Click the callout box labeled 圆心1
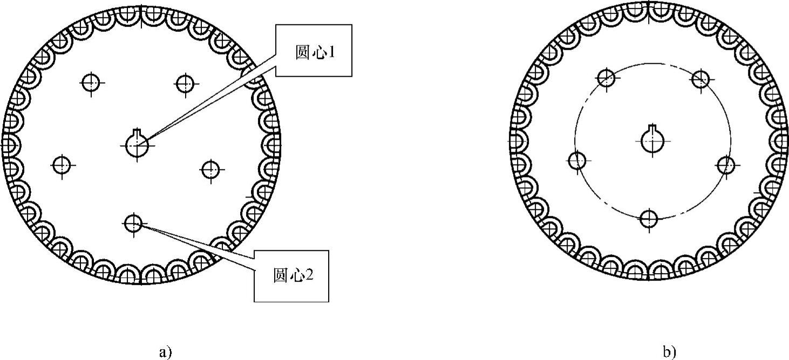pos(314,50)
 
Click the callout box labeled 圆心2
pos(291,276)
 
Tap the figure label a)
pos(166,352)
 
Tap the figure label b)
pos(669,352)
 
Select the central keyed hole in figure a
pos(137,145)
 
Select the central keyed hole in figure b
pos(652,140)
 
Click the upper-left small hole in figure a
pos(90,83)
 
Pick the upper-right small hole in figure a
pos(185,83)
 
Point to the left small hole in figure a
pos(62,165)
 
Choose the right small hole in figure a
pos(210,169)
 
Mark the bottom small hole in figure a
pos(133,222)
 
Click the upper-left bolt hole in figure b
pos(607,78)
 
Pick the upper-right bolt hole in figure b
pos(700,79)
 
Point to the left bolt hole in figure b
pos(577,160)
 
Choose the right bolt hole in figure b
pos(726,165)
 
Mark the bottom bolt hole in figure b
pos(649,218)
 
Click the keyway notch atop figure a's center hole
pos(137,131)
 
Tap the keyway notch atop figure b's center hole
pos(652,127)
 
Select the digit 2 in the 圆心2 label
pos(309,276)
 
